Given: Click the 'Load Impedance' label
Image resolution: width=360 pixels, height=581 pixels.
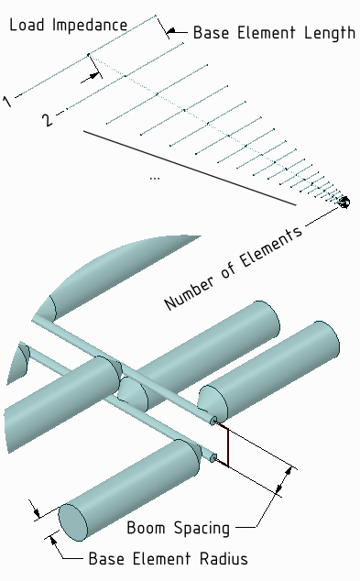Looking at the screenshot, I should (x=68, y=25).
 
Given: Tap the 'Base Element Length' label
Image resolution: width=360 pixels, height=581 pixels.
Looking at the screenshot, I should (x=274, y=33).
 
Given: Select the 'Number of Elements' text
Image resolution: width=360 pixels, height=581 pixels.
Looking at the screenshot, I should (x=234, y=269).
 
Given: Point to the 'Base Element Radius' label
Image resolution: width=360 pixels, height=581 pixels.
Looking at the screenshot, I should (x=168, y=558).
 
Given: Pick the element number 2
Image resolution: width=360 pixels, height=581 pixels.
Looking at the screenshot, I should (x=48, y=119).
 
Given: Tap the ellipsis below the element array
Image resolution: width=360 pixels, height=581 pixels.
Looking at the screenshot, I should (x=154, y=177).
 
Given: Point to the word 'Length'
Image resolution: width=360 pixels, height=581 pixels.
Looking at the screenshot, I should (x=330, y=33).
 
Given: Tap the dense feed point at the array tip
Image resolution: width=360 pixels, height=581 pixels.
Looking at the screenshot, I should (x=344, y=202).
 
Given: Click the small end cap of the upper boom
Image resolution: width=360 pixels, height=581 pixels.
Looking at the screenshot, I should (x=214, y=421).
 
